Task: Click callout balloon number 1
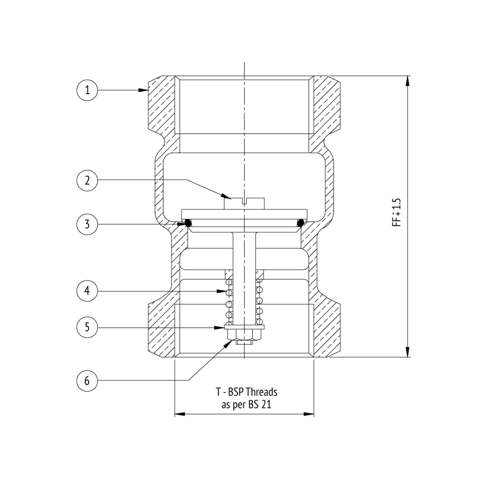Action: pos(87,90)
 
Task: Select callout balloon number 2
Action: pos(87,181)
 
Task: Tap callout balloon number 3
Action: pos(87,225)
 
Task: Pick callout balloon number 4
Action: pos(87,291)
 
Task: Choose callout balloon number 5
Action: pos(87,327)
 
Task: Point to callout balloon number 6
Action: pos(87,380)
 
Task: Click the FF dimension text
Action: pos(397,212)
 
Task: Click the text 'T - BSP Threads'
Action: pos(246,392)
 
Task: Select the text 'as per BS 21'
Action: pos(246,405)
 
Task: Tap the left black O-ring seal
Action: pos(188,223)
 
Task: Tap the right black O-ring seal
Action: pos(300,223)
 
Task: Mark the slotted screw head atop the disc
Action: pos(244,204)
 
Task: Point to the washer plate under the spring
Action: pos(244,327)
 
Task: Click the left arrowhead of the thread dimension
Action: pos(180,414)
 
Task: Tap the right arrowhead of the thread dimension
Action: pos(309,414)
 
